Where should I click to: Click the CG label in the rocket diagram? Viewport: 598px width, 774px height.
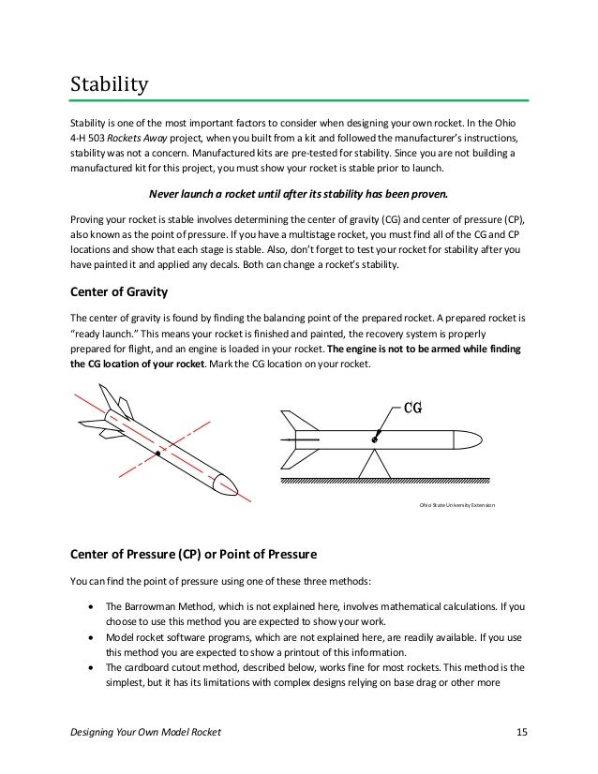coord(414,409)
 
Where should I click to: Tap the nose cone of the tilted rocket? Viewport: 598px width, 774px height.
coord(228,484)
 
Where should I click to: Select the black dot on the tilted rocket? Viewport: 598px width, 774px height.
coord(158,454)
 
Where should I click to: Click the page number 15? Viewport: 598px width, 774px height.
coord(522,732)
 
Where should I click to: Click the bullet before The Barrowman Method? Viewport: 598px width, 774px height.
coord(89,606)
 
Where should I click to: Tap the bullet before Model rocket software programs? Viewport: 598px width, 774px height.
coord(89,636)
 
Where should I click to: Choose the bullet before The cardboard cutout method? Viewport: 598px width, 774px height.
coord(89,667)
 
